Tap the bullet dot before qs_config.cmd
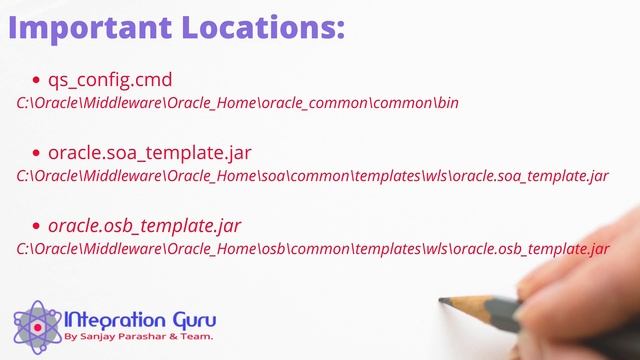tap(37, 80)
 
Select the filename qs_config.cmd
tap(110, 80)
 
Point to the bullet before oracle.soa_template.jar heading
tap(37, 153)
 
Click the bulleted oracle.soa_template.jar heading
tap(149, 153)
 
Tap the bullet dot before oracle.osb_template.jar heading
tap(37, 226)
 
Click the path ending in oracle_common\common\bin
tap(238, 104)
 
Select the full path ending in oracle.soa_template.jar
tap(312, 177)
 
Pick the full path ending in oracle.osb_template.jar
tap(312, 250)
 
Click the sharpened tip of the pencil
tap(443, 299)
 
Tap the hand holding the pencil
tap(590, 270)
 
